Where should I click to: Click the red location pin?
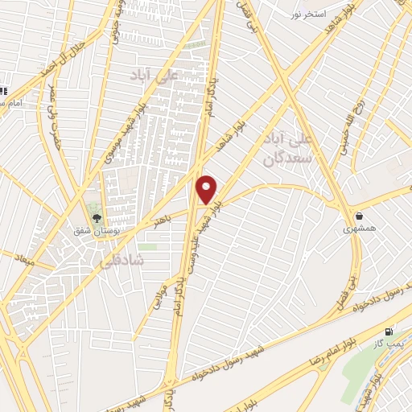(207, 190)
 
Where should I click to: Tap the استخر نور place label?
(309, 14)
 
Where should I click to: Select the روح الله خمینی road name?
(353, 125)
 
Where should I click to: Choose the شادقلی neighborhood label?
(122, 261)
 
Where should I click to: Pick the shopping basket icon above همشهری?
(358, 216)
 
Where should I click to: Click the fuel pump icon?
(389, 332)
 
